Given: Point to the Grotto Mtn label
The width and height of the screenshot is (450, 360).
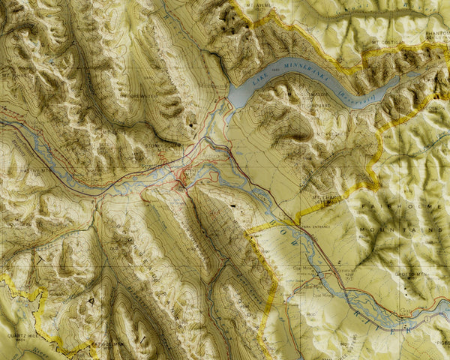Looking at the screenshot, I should coord(409,274).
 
